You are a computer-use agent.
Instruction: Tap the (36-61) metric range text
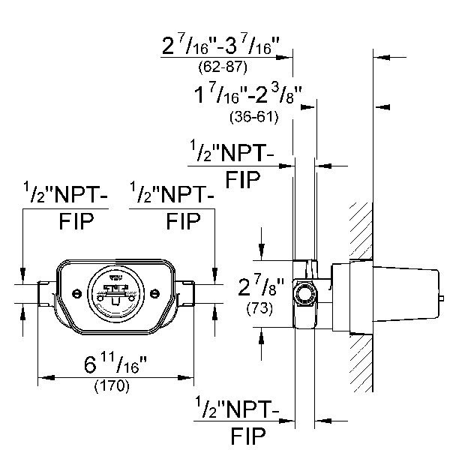pos(253,117)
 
